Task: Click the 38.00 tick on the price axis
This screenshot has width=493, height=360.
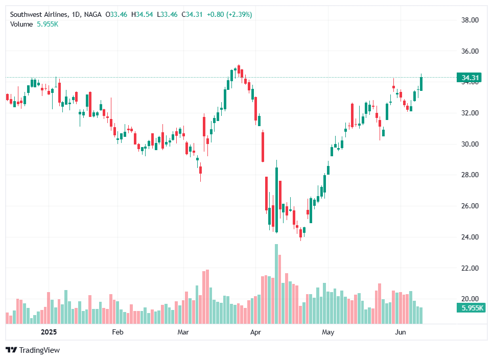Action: pos(469,20)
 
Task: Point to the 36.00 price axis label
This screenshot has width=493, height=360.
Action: pos(469,51)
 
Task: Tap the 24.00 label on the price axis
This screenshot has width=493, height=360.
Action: pos(469,237)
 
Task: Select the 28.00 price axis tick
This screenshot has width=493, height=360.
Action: pos(469,175)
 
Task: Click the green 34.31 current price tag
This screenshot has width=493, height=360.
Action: pos(470,78)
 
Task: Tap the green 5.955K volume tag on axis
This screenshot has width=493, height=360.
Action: pos(471,308)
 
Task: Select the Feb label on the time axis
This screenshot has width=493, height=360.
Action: pos(118,332)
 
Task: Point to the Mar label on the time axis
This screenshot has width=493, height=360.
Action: pos(183,332)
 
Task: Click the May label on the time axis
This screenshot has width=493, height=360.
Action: pos(328,332)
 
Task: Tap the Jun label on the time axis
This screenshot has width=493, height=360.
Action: pos(401,332)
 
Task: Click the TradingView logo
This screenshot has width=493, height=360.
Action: pos(33,350)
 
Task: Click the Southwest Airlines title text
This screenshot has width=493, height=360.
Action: pos(39,15)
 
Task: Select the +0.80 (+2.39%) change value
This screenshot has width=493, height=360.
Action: pos(228,15)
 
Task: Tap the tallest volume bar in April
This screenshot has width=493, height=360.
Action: pos(276,284)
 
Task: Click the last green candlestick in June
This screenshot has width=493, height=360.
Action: pos(421,83)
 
